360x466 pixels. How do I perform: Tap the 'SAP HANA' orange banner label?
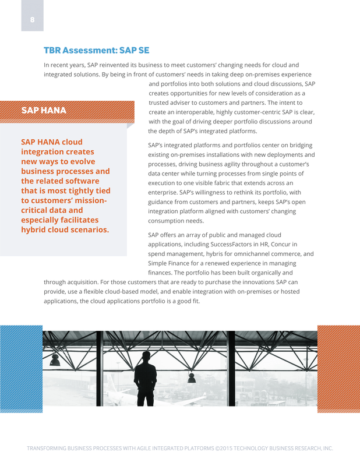coord(44,110)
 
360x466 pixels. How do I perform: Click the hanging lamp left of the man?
coord(55,361)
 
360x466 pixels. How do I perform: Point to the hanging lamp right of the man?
coord(191,377)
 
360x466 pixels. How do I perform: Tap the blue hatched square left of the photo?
coord(22,369)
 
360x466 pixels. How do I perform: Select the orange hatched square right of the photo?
coord(338,369)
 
